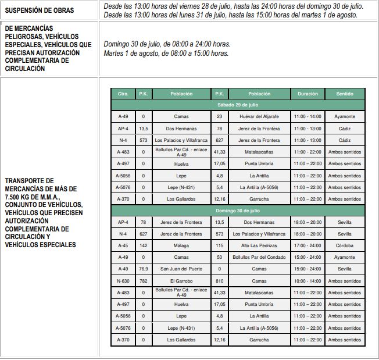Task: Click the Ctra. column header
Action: (x=123, y=94)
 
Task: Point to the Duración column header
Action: (x=308, y=94)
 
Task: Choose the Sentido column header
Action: (x=344, y=94)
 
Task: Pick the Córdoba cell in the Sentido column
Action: (x=344, y=246)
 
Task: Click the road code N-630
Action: (x=123, y=281)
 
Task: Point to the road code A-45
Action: (x=123, y=246)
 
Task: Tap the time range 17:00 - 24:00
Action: (x=308, y=246)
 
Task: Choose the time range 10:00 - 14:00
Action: (x=308, y=281)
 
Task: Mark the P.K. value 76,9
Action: (x=144, y=269)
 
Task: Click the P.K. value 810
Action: (x=219, y=281)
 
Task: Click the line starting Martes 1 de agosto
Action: (x=166, y=54)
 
